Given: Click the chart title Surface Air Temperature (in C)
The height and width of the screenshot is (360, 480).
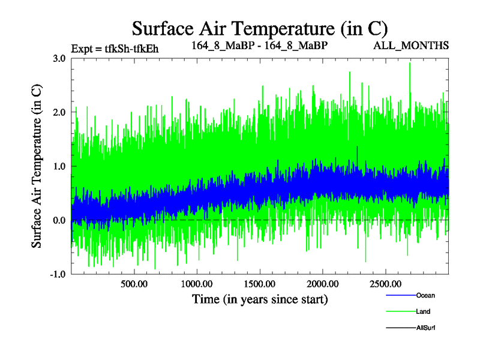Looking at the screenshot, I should click(260, 28).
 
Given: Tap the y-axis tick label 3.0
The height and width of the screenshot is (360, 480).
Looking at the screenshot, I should click(59, 58).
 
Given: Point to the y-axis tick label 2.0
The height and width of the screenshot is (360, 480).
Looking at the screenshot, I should click(59, 112).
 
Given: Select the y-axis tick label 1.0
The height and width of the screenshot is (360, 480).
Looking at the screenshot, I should click(59, 166).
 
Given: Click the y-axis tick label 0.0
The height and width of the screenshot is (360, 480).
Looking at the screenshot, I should click(59, 220).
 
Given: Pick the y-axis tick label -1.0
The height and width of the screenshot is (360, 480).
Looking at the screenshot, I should click(58, 274).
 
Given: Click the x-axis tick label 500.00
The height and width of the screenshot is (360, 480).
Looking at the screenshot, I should click(134, 284).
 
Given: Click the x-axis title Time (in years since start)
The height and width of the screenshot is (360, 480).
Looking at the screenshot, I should click(260, 298).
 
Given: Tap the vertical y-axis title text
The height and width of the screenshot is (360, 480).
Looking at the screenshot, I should click(37, 166).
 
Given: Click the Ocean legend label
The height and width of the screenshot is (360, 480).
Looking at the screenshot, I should click(425, 295).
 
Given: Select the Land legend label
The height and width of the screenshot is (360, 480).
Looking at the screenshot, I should click(422, 311).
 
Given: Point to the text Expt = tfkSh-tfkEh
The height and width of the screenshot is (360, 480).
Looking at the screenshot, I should click(115, 49).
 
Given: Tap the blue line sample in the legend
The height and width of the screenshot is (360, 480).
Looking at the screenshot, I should click(400, 295).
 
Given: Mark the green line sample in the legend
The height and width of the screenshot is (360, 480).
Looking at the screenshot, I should click(400, 311).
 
